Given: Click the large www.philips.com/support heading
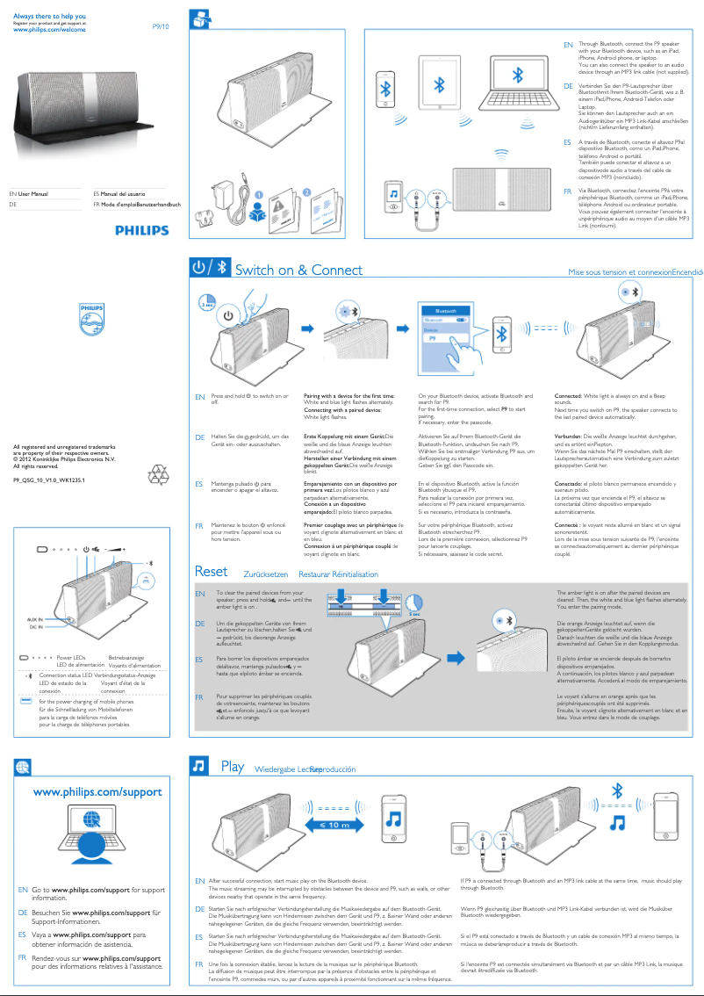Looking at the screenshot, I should pyautogui.click(x=97, y=792).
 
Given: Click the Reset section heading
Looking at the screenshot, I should pyautogui.click(x=211, y=572).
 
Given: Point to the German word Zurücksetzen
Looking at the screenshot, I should pyautogui.click(x=265, y=574).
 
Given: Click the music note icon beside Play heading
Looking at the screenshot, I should pyautogui.click(x=199, y=767).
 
